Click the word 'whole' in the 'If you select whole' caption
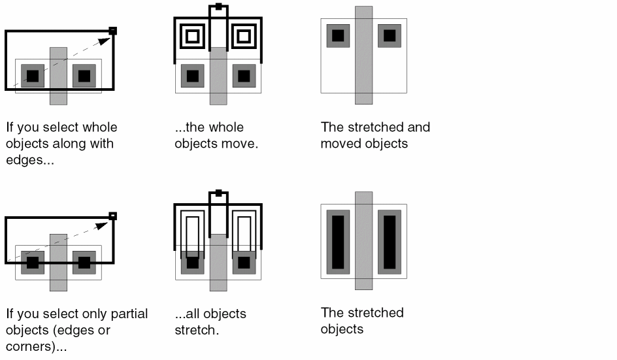click(99, 127)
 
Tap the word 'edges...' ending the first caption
click(30, 160)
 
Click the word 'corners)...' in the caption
click(36, 347)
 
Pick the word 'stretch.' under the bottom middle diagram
click(197, 330)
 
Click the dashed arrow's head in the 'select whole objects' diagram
click(105, 41)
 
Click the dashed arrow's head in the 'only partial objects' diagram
click(102, 226)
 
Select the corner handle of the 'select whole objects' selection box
click(112, 31)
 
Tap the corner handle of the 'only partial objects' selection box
click(112, 216)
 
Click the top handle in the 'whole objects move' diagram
click(219, 7)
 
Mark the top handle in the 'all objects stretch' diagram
click(219, 193)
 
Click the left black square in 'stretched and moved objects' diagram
click(338, 35)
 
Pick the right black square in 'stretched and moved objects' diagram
click(390, 35)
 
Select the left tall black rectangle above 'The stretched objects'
click(338, 242)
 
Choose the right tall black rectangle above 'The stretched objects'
click(390, 242)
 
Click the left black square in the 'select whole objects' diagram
click(33, 76)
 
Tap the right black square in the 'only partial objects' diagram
click(84, 263)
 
